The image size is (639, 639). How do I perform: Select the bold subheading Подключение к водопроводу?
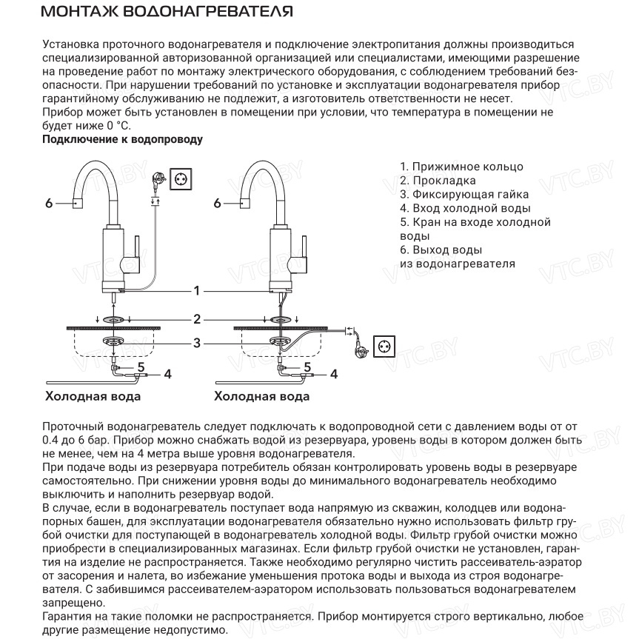coord(123,139)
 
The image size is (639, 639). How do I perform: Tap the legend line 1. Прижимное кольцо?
coord(461,167)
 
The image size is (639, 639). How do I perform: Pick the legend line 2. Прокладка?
coord(438,180)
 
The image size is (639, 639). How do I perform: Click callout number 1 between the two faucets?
coord(197,290)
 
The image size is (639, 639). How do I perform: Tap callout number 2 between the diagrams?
coord(197,319)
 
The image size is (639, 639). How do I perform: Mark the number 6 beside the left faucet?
coord(49,202)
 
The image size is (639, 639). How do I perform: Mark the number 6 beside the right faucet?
coord(217,202)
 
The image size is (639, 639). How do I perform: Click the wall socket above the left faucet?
coord(182,178)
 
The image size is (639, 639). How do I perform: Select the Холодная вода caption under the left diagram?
coord(93,396)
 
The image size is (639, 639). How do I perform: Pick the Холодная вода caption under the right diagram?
coord(261,396)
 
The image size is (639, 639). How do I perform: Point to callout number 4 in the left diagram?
coord(167,374)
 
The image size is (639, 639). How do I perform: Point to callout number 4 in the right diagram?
coord(333,374)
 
